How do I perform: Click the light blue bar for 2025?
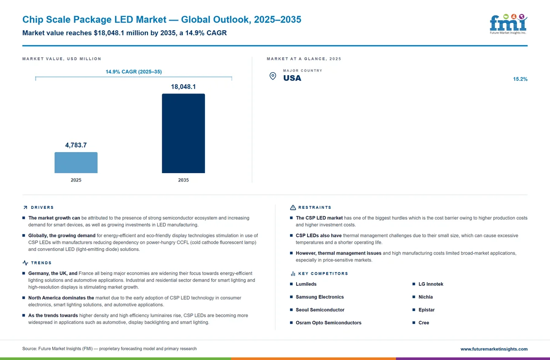[76, 163]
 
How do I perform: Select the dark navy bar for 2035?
[183, 133]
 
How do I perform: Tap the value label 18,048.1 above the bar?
[183, 87]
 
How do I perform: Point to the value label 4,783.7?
[76, 145]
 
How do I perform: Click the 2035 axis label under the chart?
[183, 180]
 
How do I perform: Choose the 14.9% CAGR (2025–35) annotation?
[133, 71]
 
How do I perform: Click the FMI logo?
[508, 24]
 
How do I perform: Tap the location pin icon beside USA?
[273, 76]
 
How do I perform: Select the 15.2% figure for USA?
[520, 79]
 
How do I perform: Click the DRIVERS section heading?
[42, 207]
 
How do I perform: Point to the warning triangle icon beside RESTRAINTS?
[293, 207]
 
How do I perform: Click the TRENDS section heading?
[41, 263]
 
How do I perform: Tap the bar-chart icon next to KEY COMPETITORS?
[293, 273]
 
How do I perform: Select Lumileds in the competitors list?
[306, 284]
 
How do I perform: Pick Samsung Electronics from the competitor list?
[320, 297]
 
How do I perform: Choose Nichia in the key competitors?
[425, 297]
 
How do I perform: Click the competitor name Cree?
[424, 323]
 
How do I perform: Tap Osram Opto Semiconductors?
[329, 323]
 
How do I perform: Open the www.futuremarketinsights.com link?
[494, 349]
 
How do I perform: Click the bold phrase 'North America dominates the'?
[61, 298]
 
